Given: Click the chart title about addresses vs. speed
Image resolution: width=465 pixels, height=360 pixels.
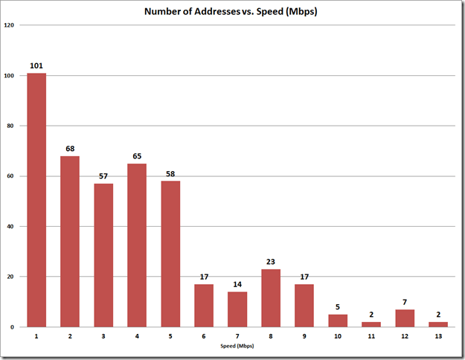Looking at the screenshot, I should tap(232, 12).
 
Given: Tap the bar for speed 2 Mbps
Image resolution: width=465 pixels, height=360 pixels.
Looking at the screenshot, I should tap(70, 241).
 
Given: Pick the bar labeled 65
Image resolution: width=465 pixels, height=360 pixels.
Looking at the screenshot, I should tap(137, 245).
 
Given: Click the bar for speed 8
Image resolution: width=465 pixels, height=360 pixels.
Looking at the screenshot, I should tap(271, 298).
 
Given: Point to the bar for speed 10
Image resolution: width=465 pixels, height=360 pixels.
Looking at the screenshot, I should tap(338, 321).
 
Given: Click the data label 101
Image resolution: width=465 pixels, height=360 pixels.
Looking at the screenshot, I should tap(36, 65).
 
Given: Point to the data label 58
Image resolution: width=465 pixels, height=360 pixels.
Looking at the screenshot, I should tap(170, 173).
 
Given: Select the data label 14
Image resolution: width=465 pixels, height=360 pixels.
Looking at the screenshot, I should tap(237, 284).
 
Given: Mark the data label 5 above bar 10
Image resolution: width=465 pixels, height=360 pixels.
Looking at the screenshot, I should tap(338, 306).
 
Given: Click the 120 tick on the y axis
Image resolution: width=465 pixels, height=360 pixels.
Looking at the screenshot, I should tap(9, 25).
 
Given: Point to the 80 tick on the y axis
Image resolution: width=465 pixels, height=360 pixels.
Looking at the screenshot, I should tap(10, 126).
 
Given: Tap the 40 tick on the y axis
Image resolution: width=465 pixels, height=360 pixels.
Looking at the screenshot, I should tap(10, 226).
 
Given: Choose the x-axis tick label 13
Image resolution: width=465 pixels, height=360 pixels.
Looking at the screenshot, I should tap(438, 337).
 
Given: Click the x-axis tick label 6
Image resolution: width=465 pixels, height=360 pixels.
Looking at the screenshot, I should tap(204, 337).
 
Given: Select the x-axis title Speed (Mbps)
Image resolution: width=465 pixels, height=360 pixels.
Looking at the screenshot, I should tap(237, 347).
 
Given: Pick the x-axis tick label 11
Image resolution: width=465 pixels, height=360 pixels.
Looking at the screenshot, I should tap(371, 337).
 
